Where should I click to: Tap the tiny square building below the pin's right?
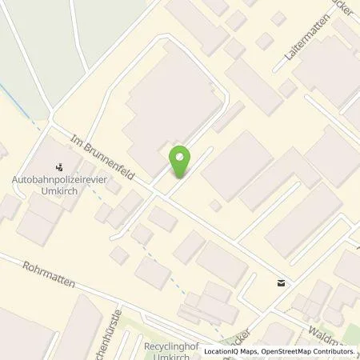tap(214, 206)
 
